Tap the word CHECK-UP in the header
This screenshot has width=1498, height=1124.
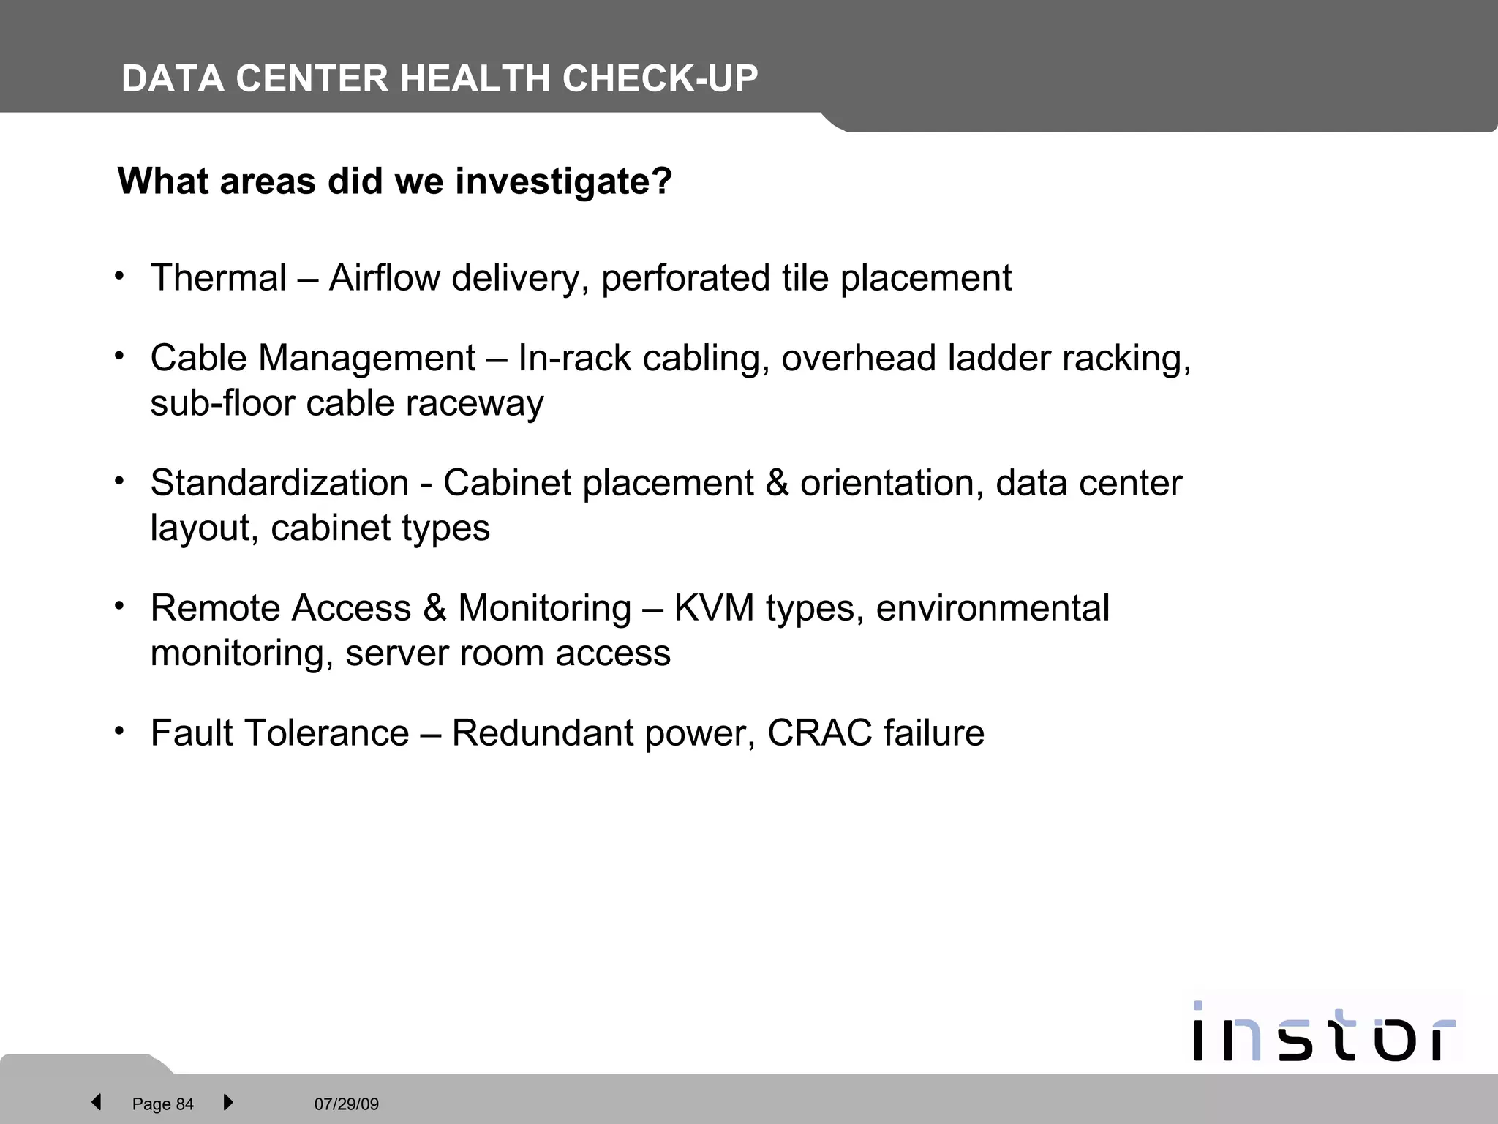tap(660, 78)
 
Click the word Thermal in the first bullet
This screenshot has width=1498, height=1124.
tap(219, 278)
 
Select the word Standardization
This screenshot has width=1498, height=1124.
tap(279, 483)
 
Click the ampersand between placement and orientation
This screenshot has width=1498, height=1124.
tap(777, 483)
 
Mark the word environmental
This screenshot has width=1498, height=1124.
tap(993, 608)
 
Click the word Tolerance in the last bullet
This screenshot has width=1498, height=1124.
tap(328, 733)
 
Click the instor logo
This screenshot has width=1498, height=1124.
tap(1323, 1030)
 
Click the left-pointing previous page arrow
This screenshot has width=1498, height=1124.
tap(96, 1102)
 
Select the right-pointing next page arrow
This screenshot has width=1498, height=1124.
tap(228, 1102)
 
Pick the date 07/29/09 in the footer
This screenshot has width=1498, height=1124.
tap(347, 1104)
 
